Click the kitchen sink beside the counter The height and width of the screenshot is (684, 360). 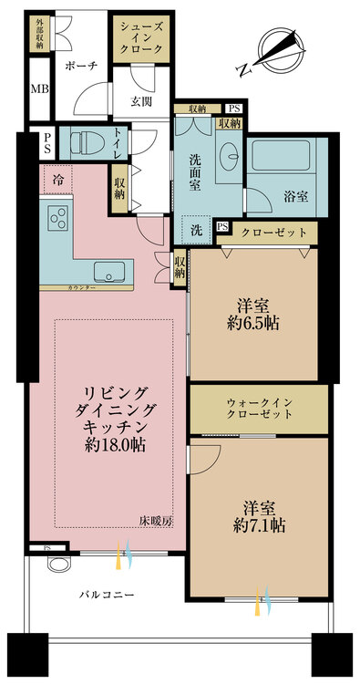pos(109,272)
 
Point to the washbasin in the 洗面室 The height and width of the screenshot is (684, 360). pos(230,154)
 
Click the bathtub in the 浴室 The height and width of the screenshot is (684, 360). pos(279,156)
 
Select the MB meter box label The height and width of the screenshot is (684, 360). pos(40,89)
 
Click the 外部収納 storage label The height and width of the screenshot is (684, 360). pos(39,34)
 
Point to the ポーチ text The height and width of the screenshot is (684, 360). pos(80,66)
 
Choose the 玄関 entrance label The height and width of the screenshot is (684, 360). pos(140,101)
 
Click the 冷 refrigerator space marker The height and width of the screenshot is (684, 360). pos(57,179)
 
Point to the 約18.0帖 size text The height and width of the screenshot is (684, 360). pos(115,445)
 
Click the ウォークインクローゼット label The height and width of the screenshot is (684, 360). pos(259,409)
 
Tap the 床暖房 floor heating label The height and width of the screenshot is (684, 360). pos(157,521)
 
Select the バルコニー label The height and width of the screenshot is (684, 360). pos(107,594)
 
